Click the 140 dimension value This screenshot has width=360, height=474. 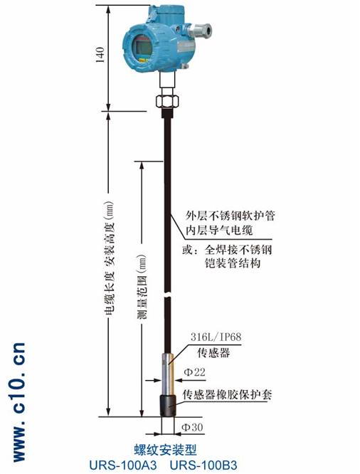(x=100, y=54)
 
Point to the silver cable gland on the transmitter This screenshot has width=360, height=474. (x=200, y=30)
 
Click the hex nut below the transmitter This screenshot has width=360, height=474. (x=167, y=100)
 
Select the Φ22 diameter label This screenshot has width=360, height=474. (x=194, y=372)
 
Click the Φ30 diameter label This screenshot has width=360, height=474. (x=192, y=427)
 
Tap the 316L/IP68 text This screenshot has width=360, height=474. (x=216, y=337)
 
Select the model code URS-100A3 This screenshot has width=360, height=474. (x=123, y=465)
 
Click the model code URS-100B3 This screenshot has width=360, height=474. (x=203, y=465)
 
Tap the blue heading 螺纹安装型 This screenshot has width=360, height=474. (x=165, y=450)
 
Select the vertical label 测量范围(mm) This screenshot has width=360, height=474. (x=142, y=287)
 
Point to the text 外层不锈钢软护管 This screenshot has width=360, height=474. (x=230, y=216)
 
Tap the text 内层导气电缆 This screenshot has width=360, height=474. (x=219, y=230)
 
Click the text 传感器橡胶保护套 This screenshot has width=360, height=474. (x=227, y=394)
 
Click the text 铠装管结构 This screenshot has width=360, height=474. (x=233, y=263)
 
